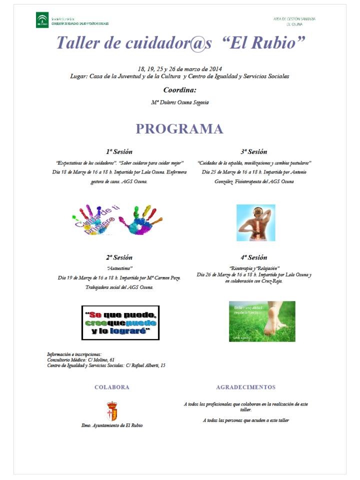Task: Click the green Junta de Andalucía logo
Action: click(x=42, y=20)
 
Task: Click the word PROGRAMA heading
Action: click(x=179, y=129)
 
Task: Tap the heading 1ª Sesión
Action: click(x=119, y=151)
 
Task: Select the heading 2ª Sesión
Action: click(x=119, y=257)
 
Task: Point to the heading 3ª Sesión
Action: click(x=254, y=151)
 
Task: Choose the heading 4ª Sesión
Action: click(x=254, y=257)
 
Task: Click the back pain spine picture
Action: click(x=255, y=222)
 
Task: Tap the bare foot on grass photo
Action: click(x=262, y=321)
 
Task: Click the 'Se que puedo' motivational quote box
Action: click(x=120, y=322)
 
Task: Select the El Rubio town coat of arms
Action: click(x=112, y=411)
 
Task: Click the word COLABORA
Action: click(x=112, y=387)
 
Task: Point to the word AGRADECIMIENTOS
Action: click(x=245, y=387)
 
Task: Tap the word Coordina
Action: click(x=179, y=90)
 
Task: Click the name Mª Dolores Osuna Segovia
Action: click(x=179, y=102)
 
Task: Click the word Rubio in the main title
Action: click(x=274, y=42)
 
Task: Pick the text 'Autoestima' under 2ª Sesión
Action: click(x=119, y=268)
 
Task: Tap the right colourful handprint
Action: click(x=140, y=219)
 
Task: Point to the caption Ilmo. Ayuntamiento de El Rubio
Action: click(x=112, y=425)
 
